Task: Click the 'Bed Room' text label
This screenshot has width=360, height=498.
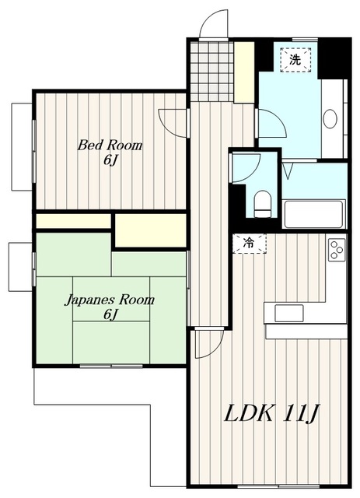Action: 110,146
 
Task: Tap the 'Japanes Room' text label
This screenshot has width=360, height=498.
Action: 110,300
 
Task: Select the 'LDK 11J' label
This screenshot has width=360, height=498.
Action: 271,413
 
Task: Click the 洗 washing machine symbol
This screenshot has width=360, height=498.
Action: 295,60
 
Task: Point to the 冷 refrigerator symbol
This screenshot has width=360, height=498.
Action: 250,244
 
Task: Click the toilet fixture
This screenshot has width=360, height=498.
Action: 263,204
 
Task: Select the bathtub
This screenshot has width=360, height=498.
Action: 313,214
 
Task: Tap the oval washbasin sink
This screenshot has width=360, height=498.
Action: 330,119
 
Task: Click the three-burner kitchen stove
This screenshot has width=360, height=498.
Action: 337,250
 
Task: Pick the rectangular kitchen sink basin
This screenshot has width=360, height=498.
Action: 289,313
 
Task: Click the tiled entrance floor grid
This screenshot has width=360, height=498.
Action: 211,71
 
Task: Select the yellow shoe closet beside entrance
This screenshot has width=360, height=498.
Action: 244,72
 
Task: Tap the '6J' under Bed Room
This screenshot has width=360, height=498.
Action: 110,160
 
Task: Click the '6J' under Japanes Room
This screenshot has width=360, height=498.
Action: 110,314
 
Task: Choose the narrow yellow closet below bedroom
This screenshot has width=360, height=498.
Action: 73,221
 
